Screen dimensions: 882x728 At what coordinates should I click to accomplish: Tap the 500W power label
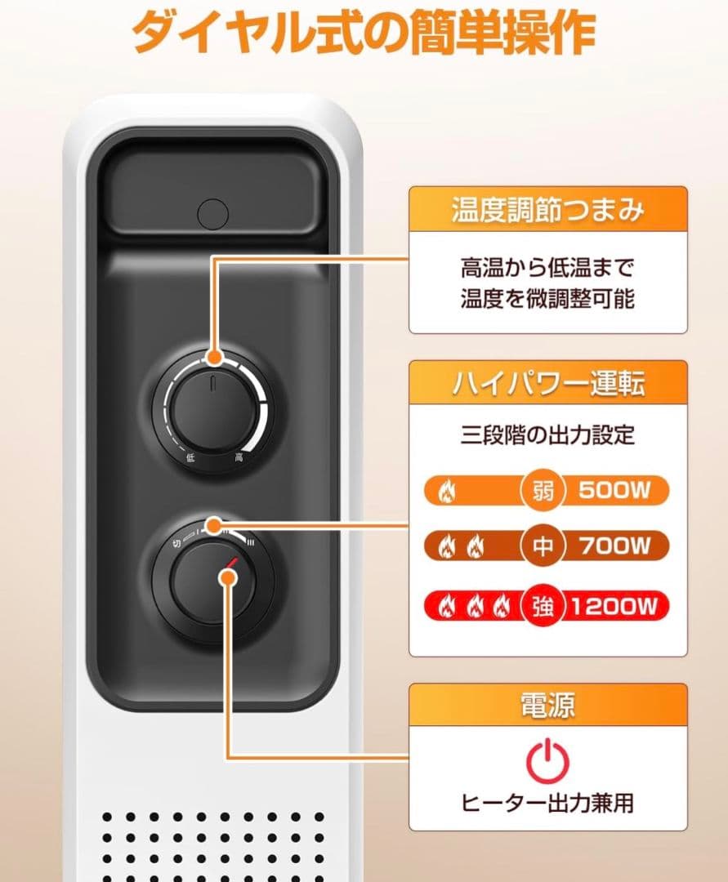click(614, 491)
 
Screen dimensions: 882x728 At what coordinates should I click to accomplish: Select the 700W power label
click(614, 546)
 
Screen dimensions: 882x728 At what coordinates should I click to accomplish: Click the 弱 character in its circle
click(543, 491)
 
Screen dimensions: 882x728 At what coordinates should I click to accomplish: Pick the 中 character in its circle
click(543, 546)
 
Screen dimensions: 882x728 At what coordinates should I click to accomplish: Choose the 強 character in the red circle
click(543, 606)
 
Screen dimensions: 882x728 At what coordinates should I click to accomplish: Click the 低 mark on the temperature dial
click(190, 459)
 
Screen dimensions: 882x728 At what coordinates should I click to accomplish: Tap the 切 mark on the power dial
click(176, 541)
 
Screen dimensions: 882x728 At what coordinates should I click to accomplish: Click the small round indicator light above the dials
click(212, 215)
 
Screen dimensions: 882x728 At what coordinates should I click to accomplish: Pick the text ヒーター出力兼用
click(547, 803)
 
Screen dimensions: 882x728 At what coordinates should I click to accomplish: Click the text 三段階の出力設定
click(547, 434)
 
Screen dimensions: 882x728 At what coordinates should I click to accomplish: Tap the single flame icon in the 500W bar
click(447, 492)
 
